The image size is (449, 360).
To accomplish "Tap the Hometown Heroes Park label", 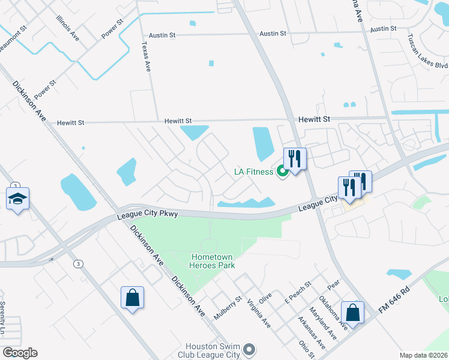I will click(212, 260).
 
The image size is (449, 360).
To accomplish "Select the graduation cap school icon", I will click(18, 198).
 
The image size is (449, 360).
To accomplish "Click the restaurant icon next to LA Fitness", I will click(295, 159).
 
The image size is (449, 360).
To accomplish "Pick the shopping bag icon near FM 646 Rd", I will click(352, 312).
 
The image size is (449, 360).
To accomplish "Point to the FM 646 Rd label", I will click(394, 298).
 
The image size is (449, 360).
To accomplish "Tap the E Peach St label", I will click(298, 291).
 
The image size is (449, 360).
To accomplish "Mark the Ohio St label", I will click(307, 349).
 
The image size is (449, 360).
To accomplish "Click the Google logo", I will click(20, 353).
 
